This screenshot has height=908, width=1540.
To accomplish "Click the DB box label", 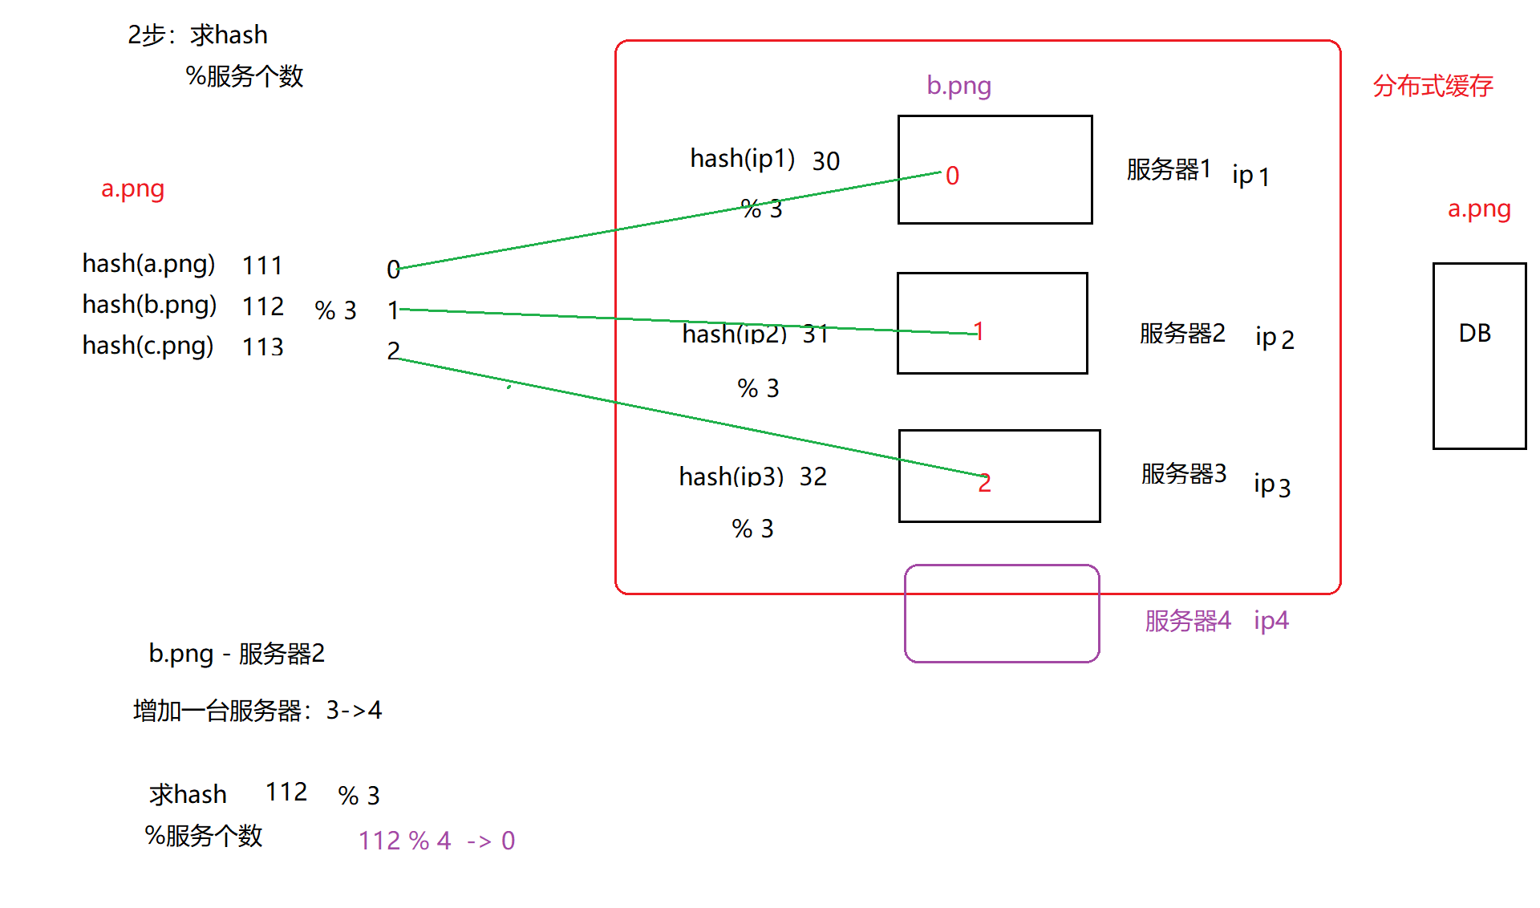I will [x=1474, y=333].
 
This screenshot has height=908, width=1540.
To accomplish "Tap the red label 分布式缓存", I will [x=1433, y=86].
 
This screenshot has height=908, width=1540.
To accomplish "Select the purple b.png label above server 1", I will [x=958, y=86].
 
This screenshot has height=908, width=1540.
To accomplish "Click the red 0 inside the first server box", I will [x=952, y=176].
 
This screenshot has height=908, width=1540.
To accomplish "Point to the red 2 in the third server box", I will [x=984, y=483].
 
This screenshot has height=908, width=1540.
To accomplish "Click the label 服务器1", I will [x=1168, y=169].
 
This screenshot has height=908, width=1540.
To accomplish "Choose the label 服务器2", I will [x=1182, y=333].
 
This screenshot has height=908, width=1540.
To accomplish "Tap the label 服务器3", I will [x=1184, y=473].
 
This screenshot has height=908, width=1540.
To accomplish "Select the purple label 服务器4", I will [x=1188, y=621].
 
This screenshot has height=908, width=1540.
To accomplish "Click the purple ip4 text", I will [x=1271, y=621].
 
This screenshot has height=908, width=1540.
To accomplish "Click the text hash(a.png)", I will [x=148, y=264].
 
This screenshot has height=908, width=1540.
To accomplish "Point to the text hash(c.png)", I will [x=148, y=346].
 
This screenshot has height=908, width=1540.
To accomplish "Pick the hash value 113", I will [x=263, y=347].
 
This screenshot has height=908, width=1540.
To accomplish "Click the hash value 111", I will [x=262, y=266].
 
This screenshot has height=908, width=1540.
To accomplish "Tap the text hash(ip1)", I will [x=742, y=159].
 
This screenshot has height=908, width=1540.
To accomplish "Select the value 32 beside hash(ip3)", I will [x=813, y=476].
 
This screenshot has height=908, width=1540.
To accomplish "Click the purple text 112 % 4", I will [x=404, y=841].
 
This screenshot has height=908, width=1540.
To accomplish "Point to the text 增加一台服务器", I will [x=217, y=711].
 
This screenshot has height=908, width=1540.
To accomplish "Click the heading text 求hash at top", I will [x=229, y=35].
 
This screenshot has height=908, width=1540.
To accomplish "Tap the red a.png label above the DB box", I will [x=1479, y=209].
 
